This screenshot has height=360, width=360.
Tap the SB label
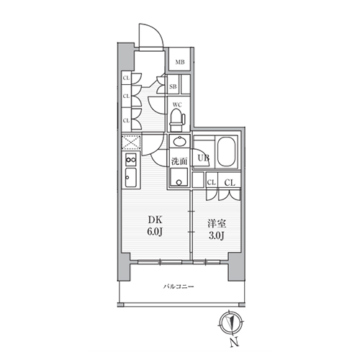tap(174, 87)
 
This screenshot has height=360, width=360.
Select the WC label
tap(176, 105)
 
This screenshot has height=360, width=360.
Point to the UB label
tap(204, 159)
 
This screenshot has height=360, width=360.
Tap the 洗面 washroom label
tap(180, 161)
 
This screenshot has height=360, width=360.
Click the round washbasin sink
tap(179, 141)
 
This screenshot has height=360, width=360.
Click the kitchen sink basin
tap(130, 177)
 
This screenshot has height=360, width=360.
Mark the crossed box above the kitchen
tap(130, 143)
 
